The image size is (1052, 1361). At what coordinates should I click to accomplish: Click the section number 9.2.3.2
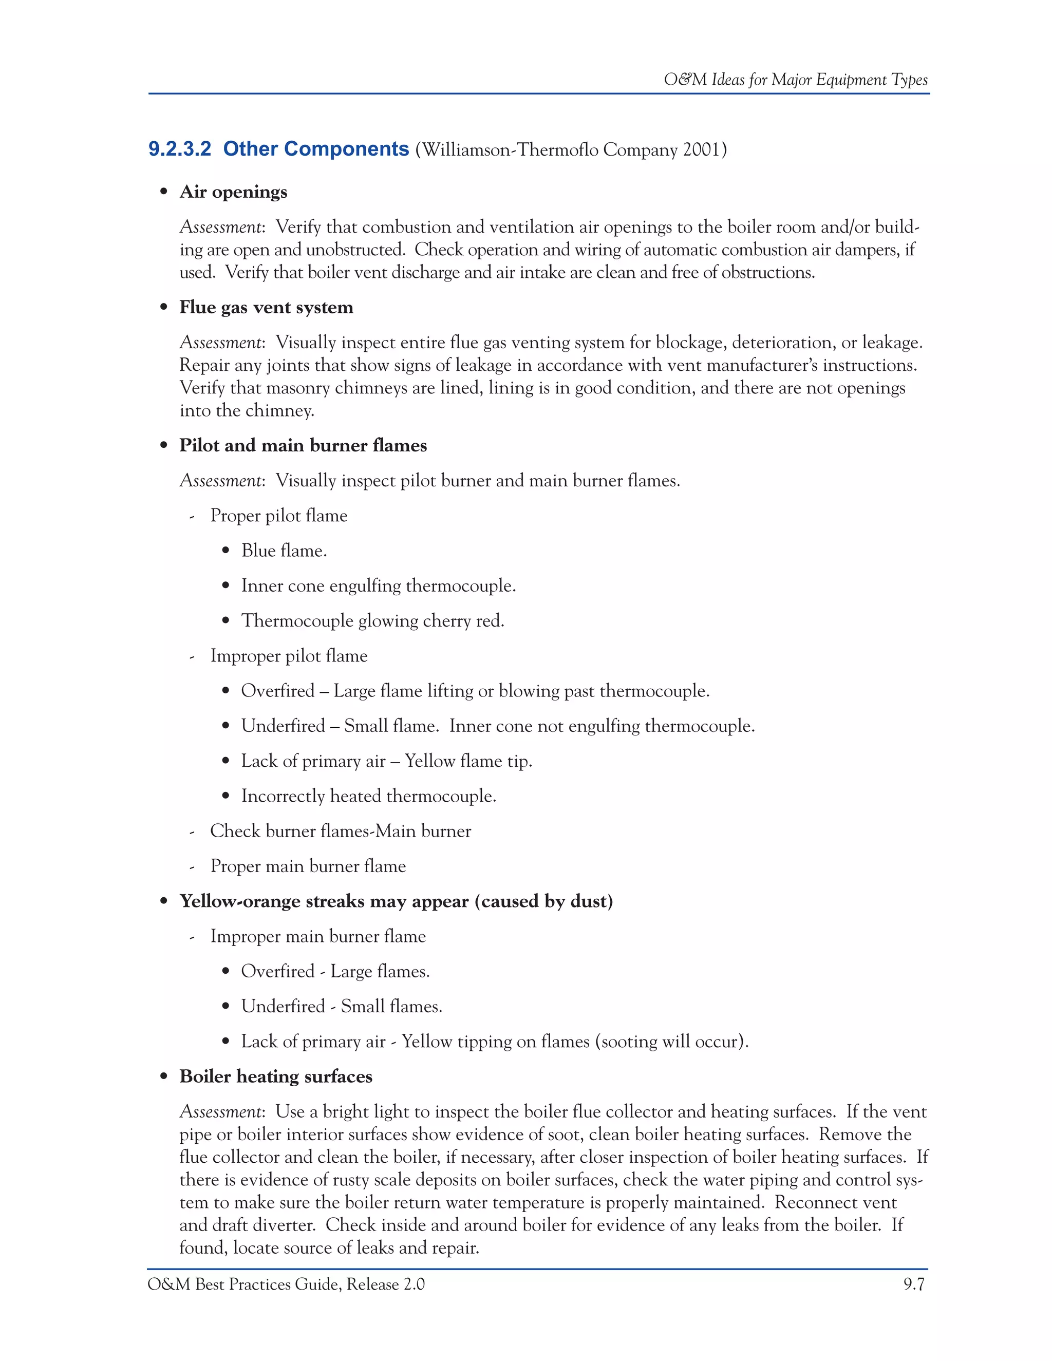pyautogui.click(x=179, y=149)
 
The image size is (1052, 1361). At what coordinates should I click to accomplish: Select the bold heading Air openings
pyautogui.click(x=233, y=192)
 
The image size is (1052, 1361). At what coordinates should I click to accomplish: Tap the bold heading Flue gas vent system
pyautogui.click(x=266, y=307)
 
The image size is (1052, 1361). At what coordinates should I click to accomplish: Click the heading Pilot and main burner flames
pyautogui.click(x=303, y=446)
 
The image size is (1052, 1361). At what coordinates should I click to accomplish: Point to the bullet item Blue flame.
pyautogui.click(x=284, y=551)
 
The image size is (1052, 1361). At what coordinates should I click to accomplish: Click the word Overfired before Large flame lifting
pyautogui.click(x=277, y=691)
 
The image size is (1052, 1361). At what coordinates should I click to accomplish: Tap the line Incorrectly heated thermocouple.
pyautogui.click(x=368, y=797)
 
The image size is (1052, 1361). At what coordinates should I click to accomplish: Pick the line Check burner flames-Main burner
pyautogui.click(x=340, y=831)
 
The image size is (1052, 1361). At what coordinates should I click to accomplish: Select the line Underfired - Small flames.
pyautogui.click(x=342, y=1007)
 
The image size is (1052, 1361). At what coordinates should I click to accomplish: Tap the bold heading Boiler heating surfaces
pyautogui.click(x=275, y=1077)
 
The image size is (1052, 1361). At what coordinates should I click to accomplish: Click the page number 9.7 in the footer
pyautogui.click(x=914, y=1285)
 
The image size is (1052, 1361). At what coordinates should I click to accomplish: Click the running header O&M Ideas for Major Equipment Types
pyautogui.click(x=795, y=80)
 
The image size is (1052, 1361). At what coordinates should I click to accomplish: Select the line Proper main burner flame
pyautogui.click(x=308, y=866)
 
